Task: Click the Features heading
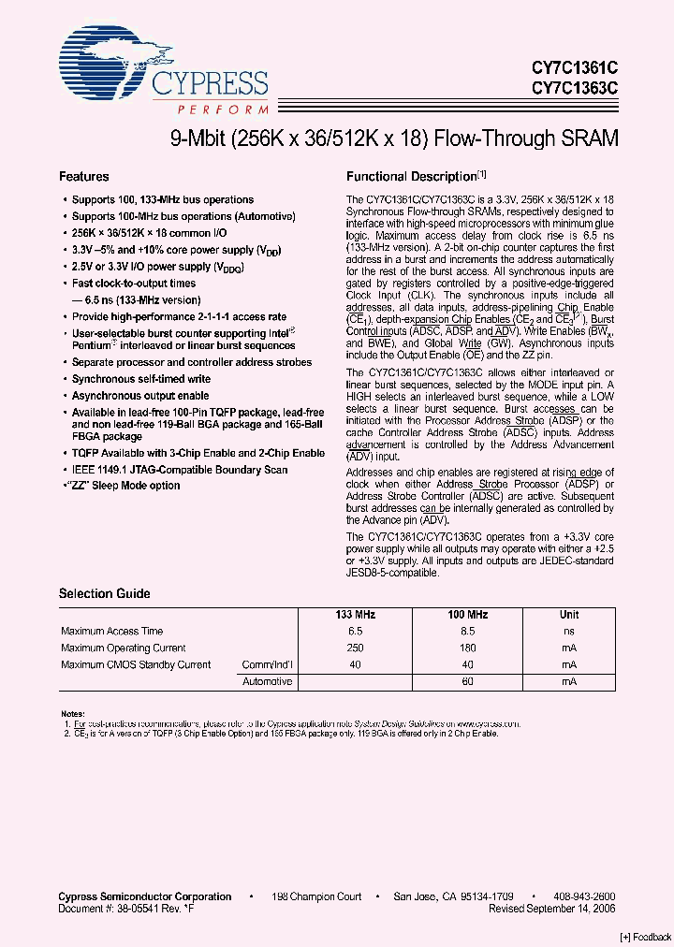84,176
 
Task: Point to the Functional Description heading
412,176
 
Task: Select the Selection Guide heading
104,593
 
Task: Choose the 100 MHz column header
468,615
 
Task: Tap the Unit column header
569,615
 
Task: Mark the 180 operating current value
468,648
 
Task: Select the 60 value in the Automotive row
468,682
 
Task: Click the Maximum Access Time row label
111,632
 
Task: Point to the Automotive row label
268,682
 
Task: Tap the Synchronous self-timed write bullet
141,379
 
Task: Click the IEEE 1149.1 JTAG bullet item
180,469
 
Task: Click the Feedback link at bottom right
646,937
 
